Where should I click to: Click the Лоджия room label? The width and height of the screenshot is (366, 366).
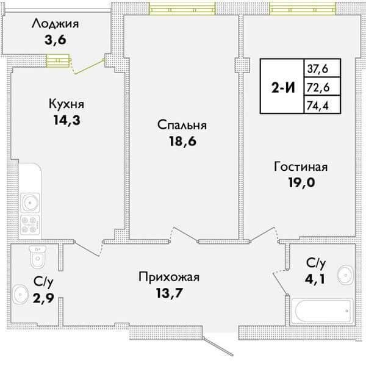point(56,25)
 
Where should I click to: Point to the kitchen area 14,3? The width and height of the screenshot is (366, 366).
point(67,120)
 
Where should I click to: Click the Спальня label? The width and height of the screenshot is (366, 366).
point(182,125)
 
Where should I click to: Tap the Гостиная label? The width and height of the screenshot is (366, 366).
point(301,167)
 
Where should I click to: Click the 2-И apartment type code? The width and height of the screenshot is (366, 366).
point(282,87)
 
